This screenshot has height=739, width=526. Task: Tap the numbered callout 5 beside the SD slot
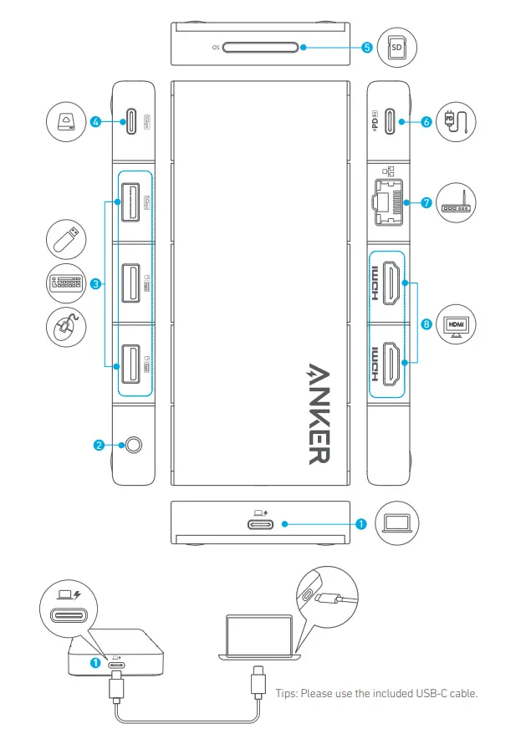tap(366, 48)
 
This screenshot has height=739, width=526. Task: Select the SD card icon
tap(397, 48)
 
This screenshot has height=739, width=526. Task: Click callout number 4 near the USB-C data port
tap(97, 121)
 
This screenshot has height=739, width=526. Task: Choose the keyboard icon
tap(65, 283)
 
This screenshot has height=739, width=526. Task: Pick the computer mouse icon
tap(64, 327)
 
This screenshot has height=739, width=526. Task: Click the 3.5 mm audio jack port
tap(130, 446)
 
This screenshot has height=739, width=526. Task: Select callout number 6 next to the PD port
tap(426, 121)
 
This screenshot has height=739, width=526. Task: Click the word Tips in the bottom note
tap(288, 694)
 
